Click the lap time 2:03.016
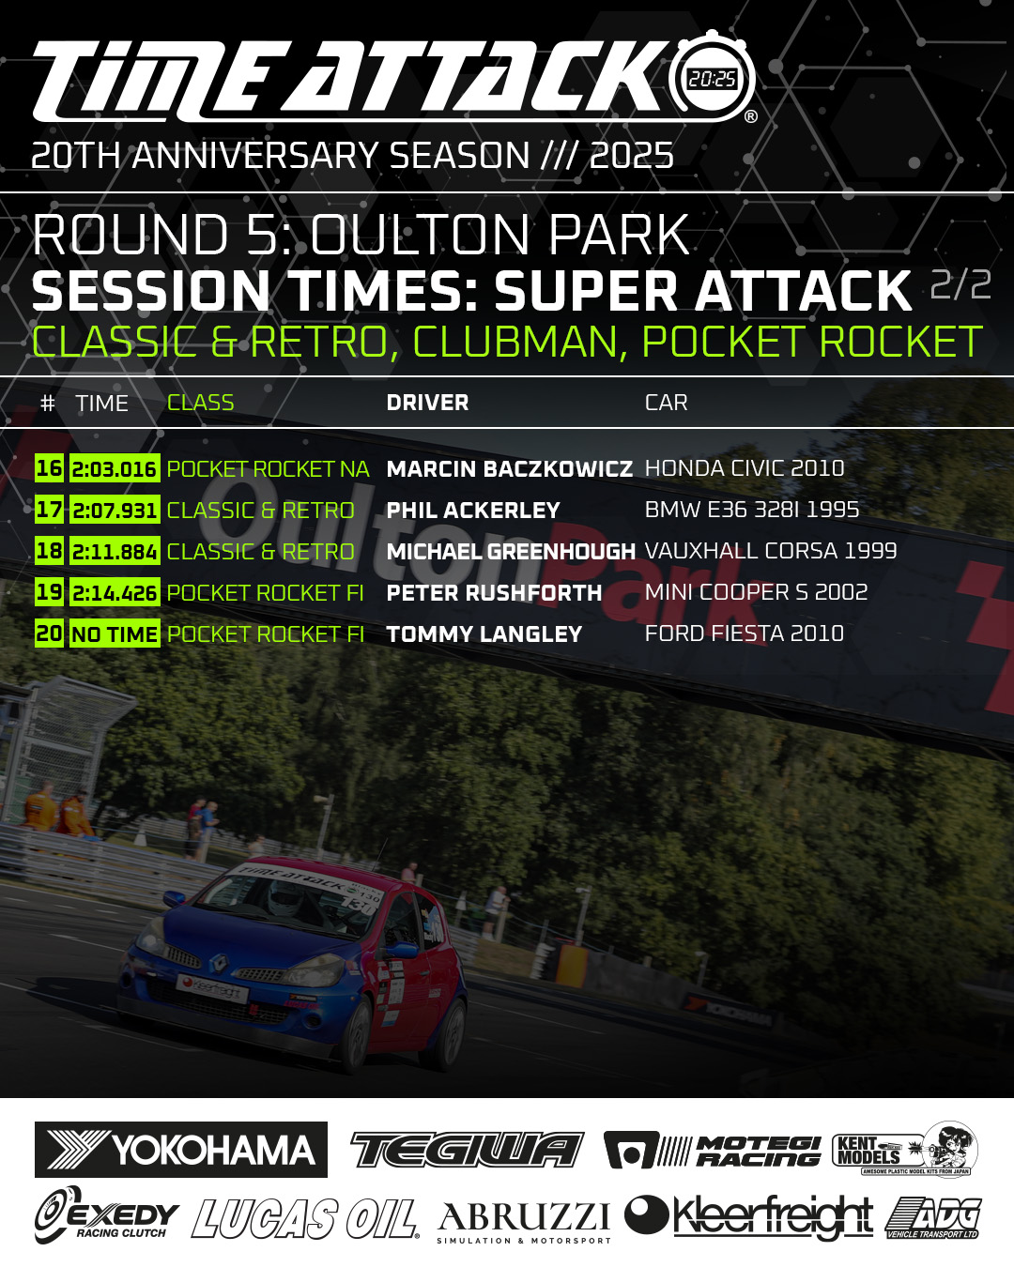[115, 468]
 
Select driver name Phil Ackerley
[473, 511]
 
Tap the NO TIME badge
[115, 633]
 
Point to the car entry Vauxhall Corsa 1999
[771, 551]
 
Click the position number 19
[49, 591]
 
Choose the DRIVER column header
[428, 403]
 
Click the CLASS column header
[200, 403]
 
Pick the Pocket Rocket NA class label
[269, 469]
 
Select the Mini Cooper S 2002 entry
[757, 592]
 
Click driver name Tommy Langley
[484, 634]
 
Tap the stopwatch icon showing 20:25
[712, 77]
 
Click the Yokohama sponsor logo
[181, 1150]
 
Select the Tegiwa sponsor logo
[467, 1150]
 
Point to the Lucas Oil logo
[304, 1218]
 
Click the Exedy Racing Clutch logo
[106, 1214]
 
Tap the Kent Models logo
[905, 1149]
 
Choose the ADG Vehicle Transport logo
[933, 1217]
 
